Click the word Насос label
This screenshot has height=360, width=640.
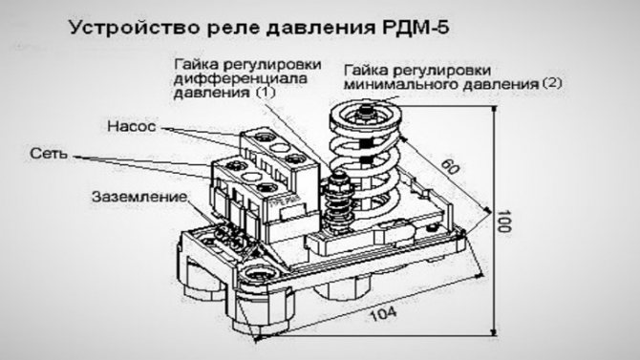coord(132,126)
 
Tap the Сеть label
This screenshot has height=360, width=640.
coord(49,154)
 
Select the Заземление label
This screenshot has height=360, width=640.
coord(139,197)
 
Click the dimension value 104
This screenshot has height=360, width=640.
coord(383,314)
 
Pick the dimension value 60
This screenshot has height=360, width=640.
coord(449,167)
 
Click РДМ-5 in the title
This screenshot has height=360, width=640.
coord(416,28)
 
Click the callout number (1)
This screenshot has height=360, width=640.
coord(266,93)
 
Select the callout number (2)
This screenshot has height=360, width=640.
coord(552,84)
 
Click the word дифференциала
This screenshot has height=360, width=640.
coord(240,78)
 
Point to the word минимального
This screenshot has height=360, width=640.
coord(401,84)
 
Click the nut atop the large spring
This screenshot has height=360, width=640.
coord(365,112)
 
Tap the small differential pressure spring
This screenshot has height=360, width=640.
coord(339,204)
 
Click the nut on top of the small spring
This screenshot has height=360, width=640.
coord(339,180)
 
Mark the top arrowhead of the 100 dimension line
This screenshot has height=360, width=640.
coord(494,109)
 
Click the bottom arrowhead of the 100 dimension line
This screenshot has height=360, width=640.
coord(494,332)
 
